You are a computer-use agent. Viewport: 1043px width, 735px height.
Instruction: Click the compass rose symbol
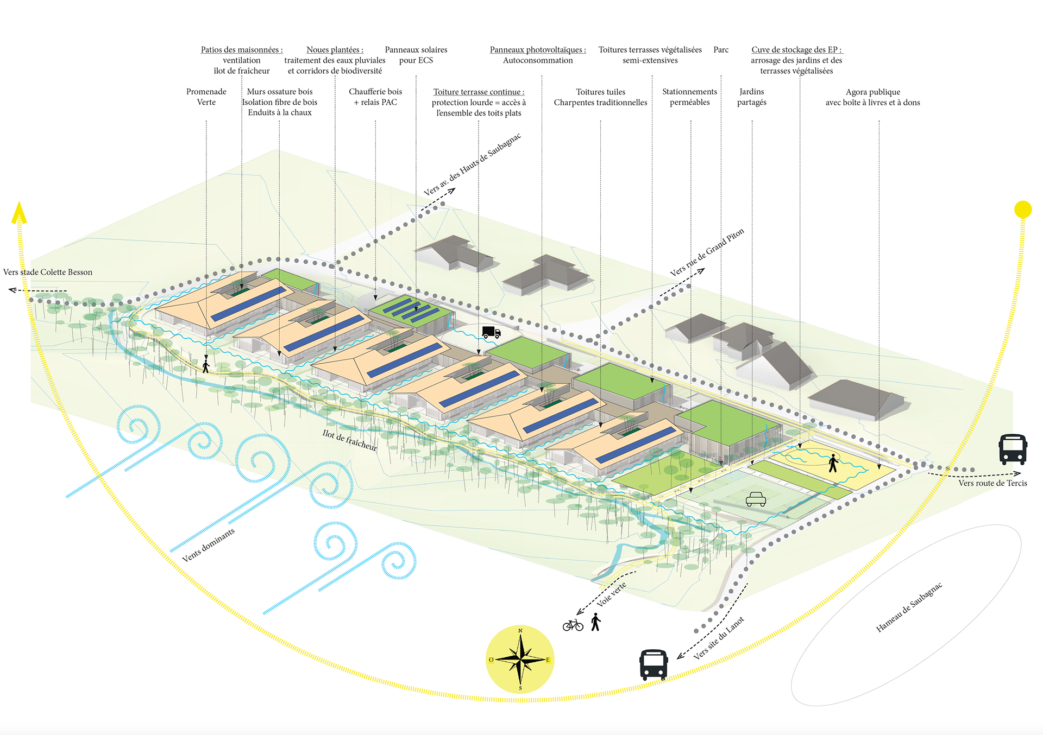pyautogui.click(x=520, y=660)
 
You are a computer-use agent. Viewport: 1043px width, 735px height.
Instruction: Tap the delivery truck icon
pyautogui.click(x=491, y=332)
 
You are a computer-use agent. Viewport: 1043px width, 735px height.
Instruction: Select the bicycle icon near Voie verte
pyautogui.click(x=573, y=625)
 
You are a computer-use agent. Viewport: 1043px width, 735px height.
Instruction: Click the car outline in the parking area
pyautogui.click(x=756, y=499)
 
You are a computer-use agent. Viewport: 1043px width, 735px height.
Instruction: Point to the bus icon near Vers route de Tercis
pyautogui.click(x=1013, y=449)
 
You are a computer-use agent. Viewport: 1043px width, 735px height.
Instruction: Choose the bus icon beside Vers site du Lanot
pyautogui.click(x=654, y=664)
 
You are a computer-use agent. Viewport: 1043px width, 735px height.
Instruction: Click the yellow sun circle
pyautogui.click(x=1022, y=210)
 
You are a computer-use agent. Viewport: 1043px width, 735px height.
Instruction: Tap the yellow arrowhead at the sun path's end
pyautogui.click(x=19, y=212)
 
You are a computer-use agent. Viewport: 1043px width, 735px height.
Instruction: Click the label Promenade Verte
pyautogui.click(x=206, y=97)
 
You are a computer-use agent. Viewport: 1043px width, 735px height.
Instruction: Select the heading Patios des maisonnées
pyautogui.click(x=242, y=50)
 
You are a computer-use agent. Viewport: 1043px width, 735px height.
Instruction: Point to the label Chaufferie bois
pyautogui.click(x=375, y=92)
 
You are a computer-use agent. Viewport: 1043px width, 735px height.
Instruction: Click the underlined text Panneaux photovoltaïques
pyautogui.click(x=537, y=50)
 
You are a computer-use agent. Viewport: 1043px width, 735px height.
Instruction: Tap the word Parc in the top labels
pyautogui.click(x=721, y=50)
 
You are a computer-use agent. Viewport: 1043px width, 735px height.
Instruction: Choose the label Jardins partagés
pyautogui.click(x=752, y=97)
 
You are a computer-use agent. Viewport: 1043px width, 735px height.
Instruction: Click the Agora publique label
pyautogui.click(x=872, y=92)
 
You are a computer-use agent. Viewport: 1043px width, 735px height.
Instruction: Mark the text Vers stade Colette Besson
pyautogui.click(x=48, y=272)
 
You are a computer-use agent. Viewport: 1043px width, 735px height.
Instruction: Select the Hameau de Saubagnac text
pyautogui.click(x=909, y=607)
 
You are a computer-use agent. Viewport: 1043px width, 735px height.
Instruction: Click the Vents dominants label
pyautogui.click(x=208, y=545)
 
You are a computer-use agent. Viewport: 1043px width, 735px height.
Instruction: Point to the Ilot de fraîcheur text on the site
pyautogui.click(x=349, y=440)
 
